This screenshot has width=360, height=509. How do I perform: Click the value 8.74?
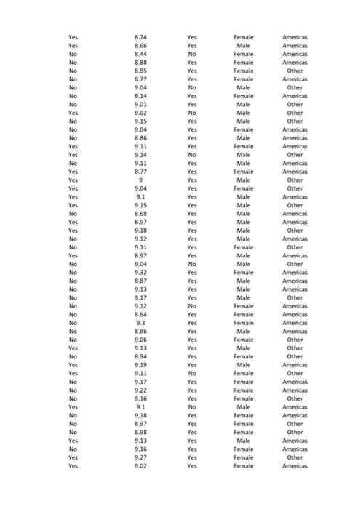pyautogui.click(x=141, y=37)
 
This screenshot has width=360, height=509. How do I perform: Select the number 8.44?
pyautogui.click(x=141, y=54)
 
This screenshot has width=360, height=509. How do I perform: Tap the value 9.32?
pyautogui.click(x=141, y=273)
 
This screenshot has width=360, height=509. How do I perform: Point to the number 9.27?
pyautogui.click(x=141, y=457)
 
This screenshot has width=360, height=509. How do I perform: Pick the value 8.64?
pyautogui.click(x=141, y=314)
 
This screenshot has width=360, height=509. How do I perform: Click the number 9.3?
pyautogui.click(x=141, y=323)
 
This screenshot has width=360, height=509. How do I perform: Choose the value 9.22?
pyautogui.click(x=141, y=390)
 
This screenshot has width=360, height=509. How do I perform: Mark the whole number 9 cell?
pyautogui.click(x=141, y=180)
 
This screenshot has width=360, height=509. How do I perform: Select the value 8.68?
pyautogui.click(x=141, y=214)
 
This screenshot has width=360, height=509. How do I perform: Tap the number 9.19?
pyautogui.click(x=141, y=365)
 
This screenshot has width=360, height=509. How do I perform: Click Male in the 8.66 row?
pyautogui.click(x=244, y=46)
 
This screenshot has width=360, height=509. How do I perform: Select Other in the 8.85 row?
pyautogui.click(x=295, y=71)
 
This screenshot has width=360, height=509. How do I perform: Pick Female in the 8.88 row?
pyautogui.click(x=244, y=63)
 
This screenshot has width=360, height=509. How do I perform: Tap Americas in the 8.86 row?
pyautogui.click(x=295, y=138)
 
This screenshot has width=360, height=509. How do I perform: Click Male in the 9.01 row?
pyautogui.click(x=244, y=104)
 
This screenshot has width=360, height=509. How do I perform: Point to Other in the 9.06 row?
pyautogui.click(x=295, y=340)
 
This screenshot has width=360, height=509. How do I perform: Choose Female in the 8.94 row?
pyautogui.click(x=244, y=356)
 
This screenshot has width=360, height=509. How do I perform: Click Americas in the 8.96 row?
pyautogui.click(x=295, y=332)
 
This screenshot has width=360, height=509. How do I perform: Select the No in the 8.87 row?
pyautogui.click(x=73, y=281)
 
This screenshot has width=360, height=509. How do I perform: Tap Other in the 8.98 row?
pyautogui.click(x=295, y=432)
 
